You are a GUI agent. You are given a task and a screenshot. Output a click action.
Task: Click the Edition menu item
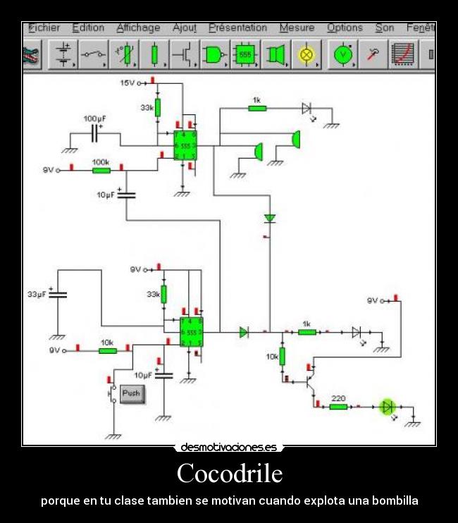(88, 28)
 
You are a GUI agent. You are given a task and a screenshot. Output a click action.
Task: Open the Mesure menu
(297, 28)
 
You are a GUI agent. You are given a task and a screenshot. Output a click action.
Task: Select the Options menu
(345, 28)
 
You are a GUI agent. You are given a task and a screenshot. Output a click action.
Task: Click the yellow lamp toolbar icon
(307, 54)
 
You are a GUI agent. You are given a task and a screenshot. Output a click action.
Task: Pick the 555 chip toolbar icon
(245, 54)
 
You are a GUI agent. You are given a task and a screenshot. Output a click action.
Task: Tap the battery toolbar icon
(64, 54)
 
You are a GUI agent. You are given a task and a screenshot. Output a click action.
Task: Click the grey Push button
(132, 393)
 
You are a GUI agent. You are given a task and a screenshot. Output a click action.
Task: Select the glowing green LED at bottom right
(387, 406)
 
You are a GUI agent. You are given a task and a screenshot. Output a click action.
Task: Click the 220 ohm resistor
(338, 406)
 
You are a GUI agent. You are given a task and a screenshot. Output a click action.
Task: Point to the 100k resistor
(101, 170)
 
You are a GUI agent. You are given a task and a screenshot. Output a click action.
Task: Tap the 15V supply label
(127, 83)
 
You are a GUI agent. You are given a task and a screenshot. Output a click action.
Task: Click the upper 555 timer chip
(185, 145)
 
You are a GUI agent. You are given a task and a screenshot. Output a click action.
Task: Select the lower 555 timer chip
(191, 332)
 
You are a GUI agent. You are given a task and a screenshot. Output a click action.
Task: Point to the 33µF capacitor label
(37, 294)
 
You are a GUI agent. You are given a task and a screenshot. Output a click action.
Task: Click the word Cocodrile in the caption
(229, 473)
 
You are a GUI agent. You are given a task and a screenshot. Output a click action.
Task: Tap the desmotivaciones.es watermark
(229, 447)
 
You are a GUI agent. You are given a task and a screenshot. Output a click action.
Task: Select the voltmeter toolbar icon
(342, 54)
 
